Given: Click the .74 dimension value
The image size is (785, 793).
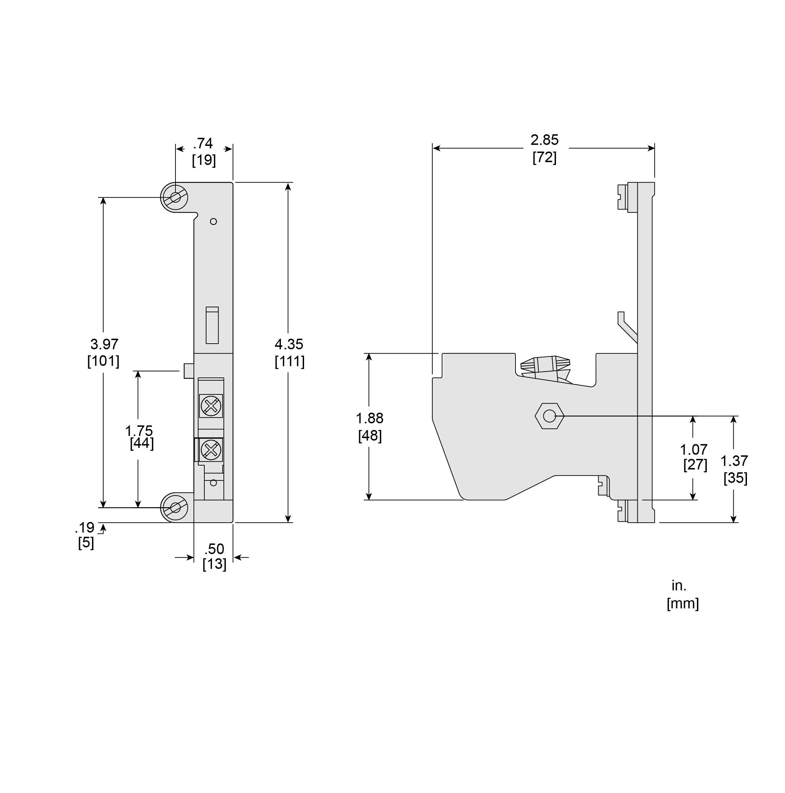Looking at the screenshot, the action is point(203,143).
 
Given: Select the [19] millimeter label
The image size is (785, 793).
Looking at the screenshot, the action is point(204,160).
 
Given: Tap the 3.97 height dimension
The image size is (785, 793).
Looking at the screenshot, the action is point(104,344).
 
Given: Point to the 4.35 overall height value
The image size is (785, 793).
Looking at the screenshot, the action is point(289,344).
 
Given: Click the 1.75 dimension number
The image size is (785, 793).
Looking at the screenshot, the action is point(139,431).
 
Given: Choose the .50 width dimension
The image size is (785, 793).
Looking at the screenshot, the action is point(214,549).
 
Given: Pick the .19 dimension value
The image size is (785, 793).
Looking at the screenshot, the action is point(85,528).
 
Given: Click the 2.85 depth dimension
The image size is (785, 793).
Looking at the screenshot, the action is point(545,140).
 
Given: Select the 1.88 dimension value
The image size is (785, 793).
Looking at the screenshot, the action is point(369,418).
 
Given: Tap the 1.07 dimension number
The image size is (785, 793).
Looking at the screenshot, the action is point(694,449).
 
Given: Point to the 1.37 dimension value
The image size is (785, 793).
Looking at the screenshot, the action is point(734,461).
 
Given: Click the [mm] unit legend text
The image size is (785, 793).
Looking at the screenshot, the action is point(683,603).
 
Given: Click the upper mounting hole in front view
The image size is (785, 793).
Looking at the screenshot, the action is point(175,197).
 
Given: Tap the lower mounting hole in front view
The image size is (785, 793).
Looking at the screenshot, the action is point(175,508).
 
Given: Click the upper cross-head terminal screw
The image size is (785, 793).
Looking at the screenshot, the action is point(211,406).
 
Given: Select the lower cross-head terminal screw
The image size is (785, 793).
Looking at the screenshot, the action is point(211,450).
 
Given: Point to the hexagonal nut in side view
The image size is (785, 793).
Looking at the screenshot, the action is point(549,416).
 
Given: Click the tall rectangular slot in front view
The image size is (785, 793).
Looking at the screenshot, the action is point(212,325).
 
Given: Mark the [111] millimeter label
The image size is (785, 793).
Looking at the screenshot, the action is point(290,361).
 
